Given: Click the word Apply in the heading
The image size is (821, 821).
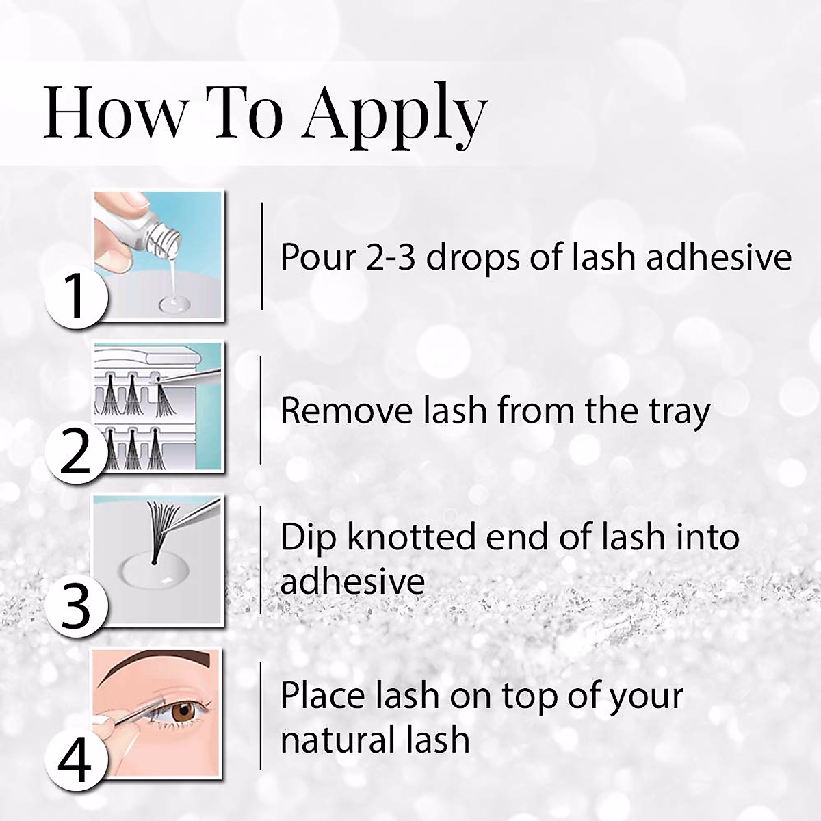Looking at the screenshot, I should click(x=395, y=113).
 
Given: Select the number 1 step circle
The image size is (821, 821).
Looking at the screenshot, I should click(x=75, y=298).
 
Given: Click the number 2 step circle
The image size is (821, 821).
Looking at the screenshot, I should click(x=75, y=452).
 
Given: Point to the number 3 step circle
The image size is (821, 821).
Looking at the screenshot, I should click(x=75, y=605).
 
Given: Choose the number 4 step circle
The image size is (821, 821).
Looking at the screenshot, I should click(x=75, y=759).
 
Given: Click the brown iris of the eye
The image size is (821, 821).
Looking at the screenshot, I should click(x=183, y=712).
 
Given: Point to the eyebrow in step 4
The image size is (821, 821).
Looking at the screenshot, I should click(x=157, y=662).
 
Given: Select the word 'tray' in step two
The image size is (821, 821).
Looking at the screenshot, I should click(x=679, y=411).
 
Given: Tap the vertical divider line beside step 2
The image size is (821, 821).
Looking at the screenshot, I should click(x=261, y=410).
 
